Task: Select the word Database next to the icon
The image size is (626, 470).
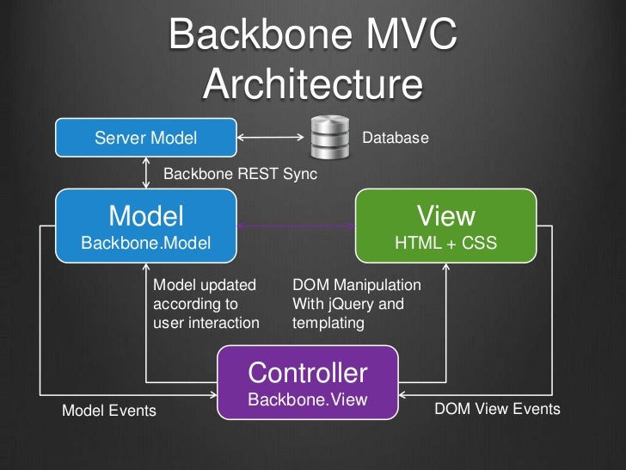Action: pyautogui.click(x=395, y=138)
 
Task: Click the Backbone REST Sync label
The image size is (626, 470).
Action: pyautogui.click(x=240, y=174)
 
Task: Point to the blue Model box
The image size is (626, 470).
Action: pyautogui.click(x=146, y=226)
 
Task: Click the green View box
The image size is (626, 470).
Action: pyautogui.click(x=445, y=226)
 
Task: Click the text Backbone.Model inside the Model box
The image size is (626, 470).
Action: pyautogui.click(x=146, y=244)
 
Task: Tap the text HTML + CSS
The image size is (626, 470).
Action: pyautogui.click(x=445, y=244)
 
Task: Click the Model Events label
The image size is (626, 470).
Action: pyautogui.click(x=109, y=411)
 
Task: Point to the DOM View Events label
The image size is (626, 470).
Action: pyautogui.click(x=497, y=409)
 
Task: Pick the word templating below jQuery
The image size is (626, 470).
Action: pyautogui.click(x=328, y=323)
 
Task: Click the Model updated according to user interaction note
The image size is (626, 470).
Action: pyautogui.click(x=206, y=304)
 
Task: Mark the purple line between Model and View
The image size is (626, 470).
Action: pyautogui.click(x=297, y=226)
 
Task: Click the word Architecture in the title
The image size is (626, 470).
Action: pyautogui.click(x=314, y=85)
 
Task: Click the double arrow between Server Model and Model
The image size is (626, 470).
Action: pyautogui.click(x=146, y=173)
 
